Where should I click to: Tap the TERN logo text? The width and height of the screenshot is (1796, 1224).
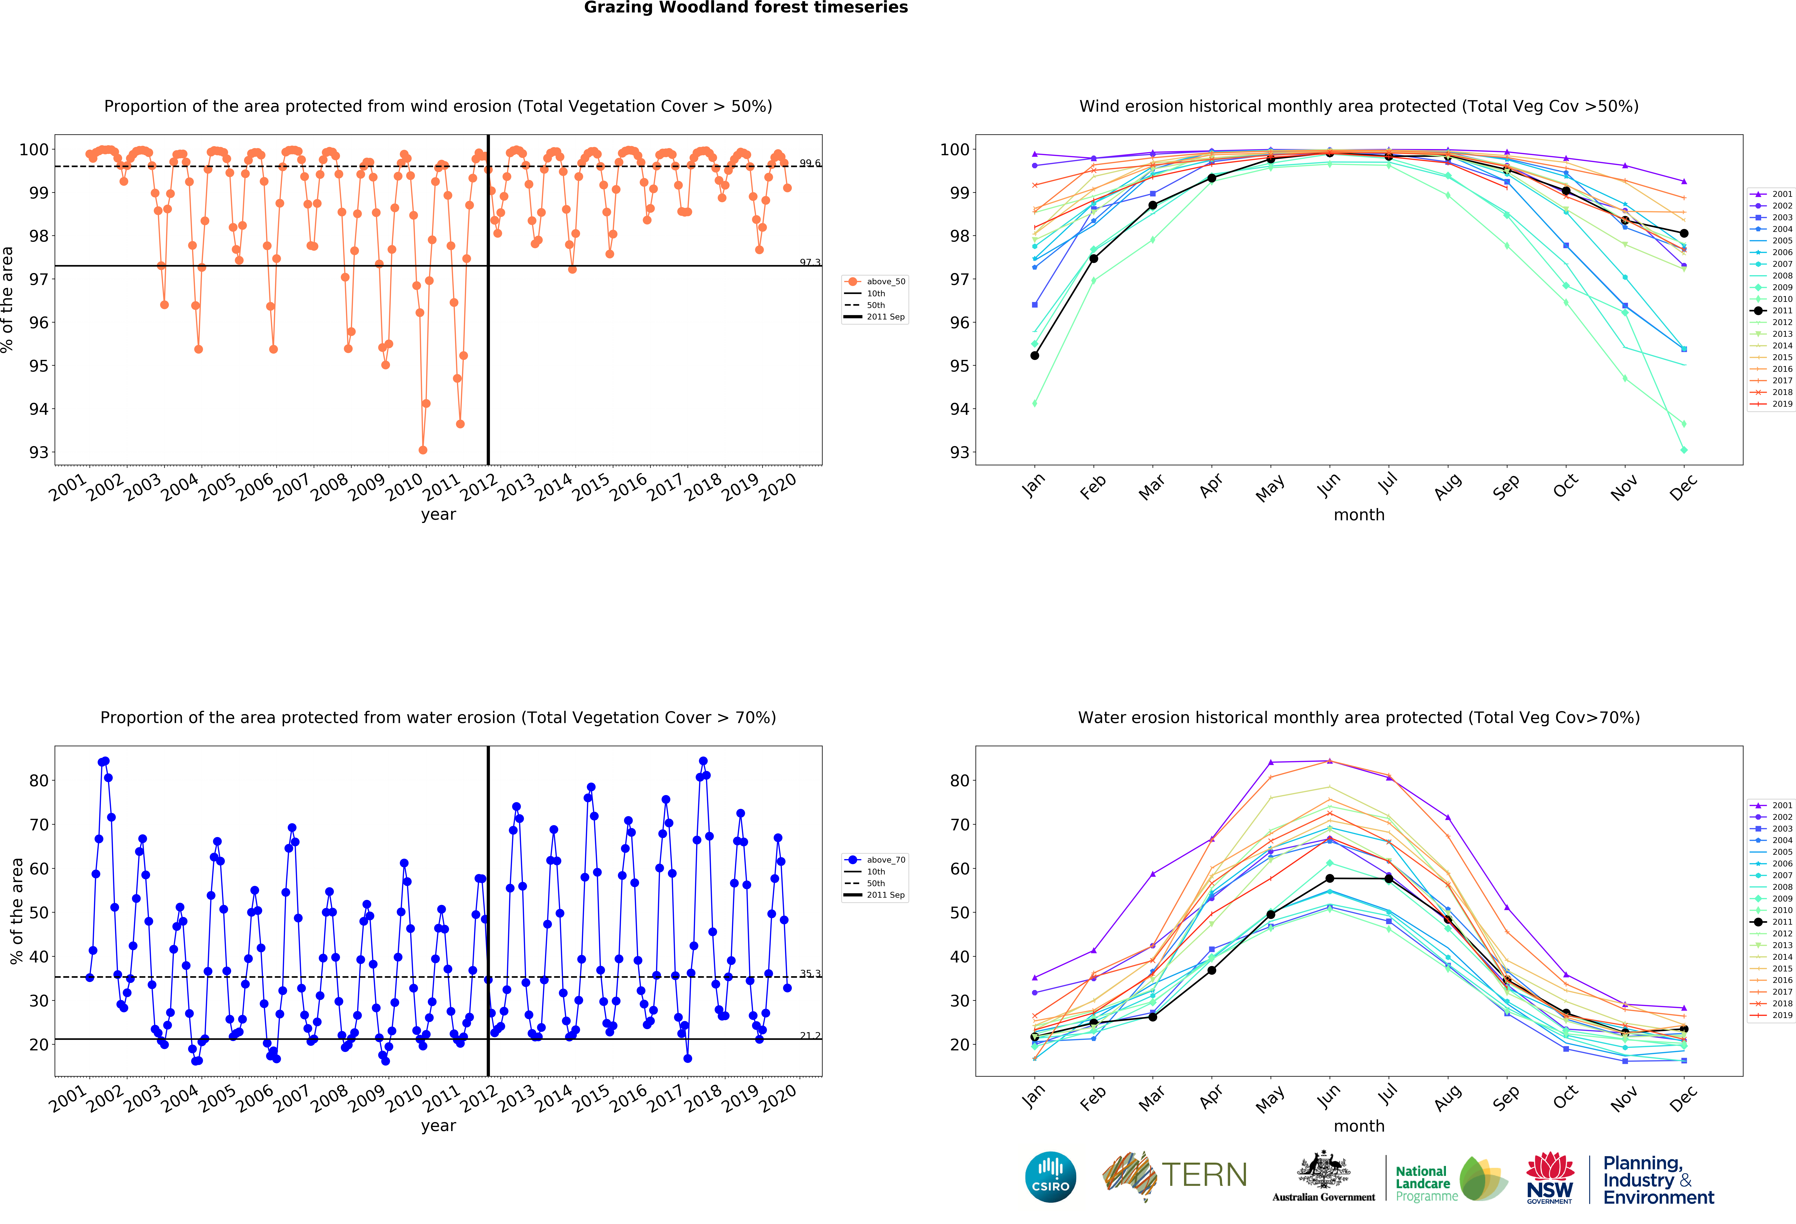1204,1175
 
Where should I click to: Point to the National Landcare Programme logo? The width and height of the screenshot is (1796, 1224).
1451,1180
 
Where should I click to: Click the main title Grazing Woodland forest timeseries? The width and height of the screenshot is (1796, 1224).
746,8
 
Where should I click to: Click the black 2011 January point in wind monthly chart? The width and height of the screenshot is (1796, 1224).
1035,355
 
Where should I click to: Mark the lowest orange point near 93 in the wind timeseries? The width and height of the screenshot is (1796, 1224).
423,450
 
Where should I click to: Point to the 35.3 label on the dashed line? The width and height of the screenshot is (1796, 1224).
809,974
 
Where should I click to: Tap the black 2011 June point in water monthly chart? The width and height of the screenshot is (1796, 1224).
1329,879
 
